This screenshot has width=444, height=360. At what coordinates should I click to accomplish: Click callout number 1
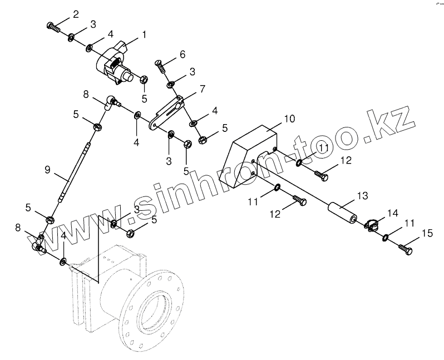click(x=144, y=34)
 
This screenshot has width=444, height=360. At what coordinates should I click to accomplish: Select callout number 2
click(x=76, y=14)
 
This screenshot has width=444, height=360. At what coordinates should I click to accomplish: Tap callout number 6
click(x=182, y=54)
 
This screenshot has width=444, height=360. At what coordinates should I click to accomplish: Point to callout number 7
click(x=202, y=88)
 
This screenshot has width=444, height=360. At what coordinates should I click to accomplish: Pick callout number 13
click(x=362, y=196)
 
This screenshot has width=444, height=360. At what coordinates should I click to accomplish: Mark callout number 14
click(x=393, y=213)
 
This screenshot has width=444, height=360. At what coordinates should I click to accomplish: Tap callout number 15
click(x=426, y=233)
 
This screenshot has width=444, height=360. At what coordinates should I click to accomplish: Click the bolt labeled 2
click(x=53, y=26)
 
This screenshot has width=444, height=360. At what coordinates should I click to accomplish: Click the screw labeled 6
click(x=160, y=67)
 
